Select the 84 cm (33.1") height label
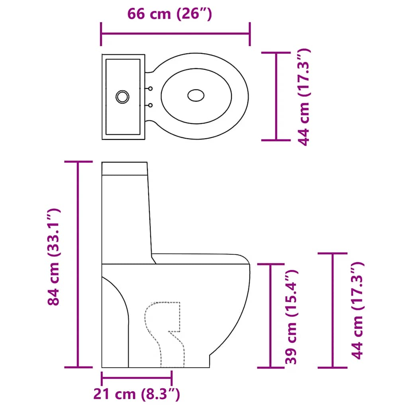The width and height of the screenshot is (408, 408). [53, 257]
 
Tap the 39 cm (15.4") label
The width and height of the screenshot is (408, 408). [292, 317]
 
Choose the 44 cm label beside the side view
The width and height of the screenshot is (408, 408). [359, 311]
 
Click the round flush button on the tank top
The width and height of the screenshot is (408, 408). [122, 96]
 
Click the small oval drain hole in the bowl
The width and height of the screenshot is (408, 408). [196, 95]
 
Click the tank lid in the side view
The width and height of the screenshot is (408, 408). [125, 169]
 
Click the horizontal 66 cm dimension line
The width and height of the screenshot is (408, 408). [175, 34]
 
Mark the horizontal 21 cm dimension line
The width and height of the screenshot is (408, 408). [137, 377]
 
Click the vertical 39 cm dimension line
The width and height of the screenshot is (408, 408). [271, 315]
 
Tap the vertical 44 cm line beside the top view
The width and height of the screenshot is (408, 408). [276, 96]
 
